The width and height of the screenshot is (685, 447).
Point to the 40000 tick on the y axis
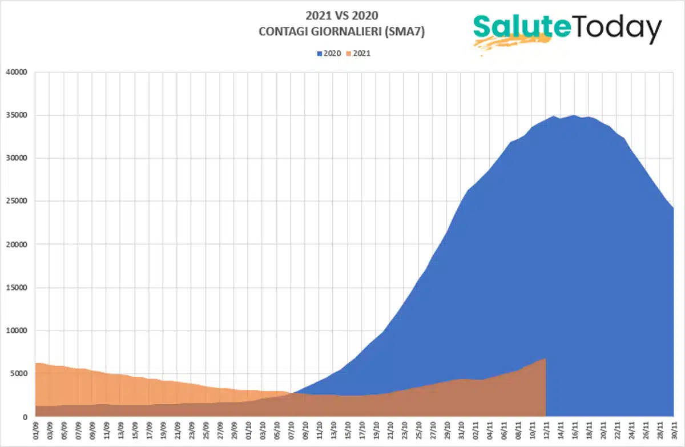(18, 73)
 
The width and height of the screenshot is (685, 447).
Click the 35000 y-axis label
(18, 115)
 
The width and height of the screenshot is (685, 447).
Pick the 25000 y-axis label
(18, 202)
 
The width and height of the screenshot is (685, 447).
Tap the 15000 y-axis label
(18, 288)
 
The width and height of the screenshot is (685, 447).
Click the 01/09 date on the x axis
(36, 429)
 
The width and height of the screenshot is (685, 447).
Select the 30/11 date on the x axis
(674, 429)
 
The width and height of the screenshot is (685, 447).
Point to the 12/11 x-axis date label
(546, 429)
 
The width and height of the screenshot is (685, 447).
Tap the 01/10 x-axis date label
(248, 429)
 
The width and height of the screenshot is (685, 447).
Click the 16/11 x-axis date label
(574, 429)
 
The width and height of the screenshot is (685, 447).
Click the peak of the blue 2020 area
(574, 115)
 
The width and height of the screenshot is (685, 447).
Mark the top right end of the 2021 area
(546, 359)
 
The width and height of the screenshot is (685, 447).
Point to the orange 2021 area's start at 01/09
(36, 363)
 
